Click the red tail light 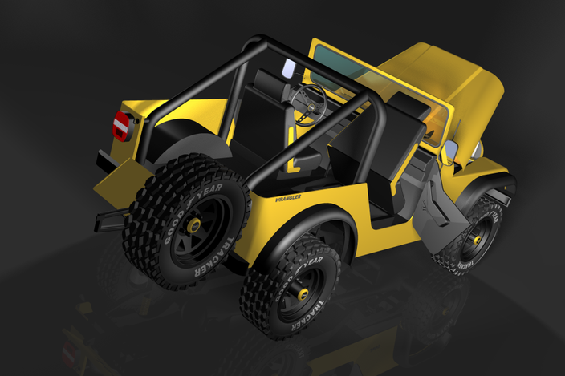pos(121,125)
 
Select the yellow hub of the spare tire pos(193,226)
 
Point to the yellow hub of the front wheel pos(476,238)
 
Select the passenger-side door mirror pos(449,152)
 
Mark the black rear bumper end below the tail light pos(105,160)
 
